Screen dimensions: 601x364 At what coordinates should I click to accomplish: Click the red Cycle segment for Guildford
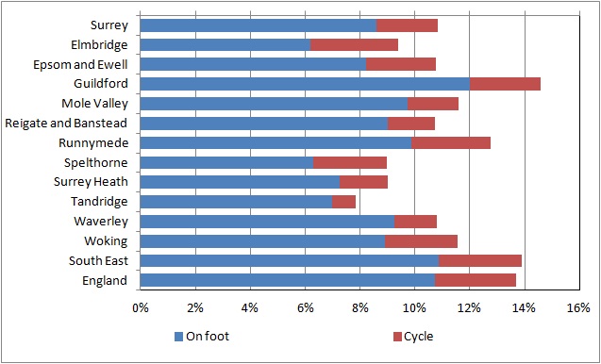coord(505,84)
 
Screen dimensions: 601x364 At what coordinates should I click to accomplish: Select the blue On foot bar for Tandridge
coord(236,202)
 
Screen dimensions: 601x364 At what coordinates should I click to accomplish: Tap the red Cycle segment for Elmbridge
coord(354,45)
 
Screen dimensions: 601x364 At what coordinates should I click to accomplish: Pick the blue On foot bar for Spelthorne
coord(226,162)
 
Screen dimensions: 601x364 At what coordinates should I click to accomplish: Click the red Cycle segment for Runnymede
coord(451,143)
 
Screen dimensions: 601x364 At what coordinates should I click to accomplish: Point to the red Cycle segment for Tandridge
coord(343,202)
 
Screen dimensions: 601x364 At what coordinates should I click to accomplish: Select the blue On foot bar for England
coord(288,280)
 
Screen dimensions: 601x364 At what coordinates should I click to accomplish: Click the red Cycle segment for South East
coord(480,261)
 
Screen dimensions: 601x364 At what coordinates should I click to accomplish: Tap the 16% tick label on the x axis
coord(579,308)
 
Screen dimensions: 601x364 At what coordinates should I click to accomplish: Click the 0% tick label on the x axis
coord(141,308)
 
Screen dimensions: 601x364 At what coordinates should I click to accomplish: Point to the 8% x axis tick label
coord(359,308)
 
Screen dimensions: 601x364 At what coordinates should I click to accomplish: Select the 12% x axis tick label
coord(470,308)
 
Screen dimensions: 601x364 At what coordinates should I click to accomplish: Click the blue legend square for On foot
coord(178,337)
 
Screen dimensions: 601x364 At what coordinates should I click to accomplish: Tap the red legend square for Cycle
coord(397,337)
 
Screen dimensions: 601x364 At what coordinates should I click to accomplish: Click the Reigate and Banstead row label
coord(66,124)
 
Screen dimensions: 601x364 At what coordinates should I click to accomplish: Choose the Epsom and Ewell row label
coord(80,65)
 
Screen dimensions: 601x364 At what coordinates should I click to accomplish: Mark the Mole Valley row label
coord(94,104)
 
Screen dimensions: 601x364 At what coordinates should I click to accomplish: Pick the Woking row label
coord(106,241)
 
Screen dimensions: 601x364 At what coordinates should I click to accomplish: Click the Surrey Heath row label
coord(91,182)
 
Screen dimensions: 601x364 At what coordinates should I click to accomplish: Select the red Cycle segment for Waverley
coord(415,222)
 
